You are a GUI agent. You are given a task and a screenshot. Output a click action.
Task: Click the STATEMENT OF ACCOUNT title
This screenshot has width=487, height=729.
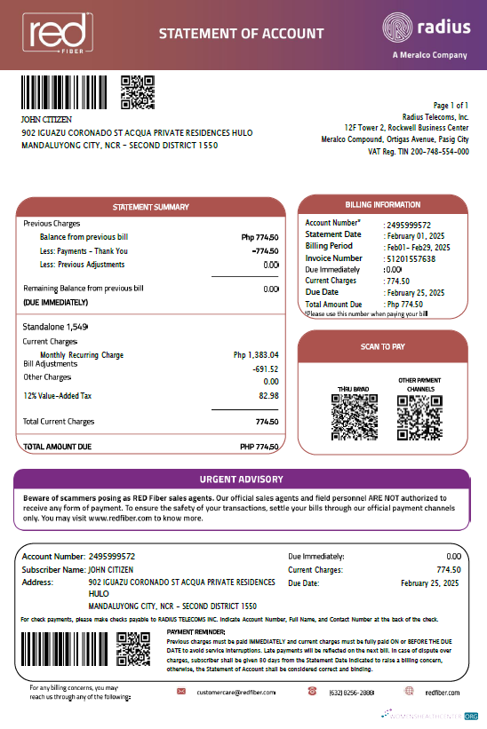coord(241,34)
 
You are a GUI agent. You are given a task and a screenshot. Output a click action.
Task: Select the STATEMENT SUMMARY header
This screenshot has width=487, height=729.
coord(150,207)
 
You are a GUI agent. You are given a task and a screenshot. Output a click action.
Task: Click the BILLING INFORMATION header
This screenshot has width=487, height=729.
coord(382,204)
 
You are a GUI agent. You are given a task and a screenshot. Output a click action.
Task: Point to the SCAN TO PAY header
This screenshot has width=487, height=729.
coord(382,345)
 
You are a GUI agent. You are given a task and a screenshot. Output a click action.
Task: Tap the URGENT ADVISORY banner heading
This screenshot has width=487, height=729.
coord(242,479)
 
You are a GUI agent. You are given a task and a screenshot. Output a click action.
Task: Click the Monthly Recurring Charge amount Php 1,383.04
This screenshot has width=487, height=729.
coord(256,354)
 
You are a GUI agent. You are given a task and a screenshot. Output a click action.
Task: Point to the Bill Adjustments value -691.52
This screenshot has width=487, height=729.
coord(266,368)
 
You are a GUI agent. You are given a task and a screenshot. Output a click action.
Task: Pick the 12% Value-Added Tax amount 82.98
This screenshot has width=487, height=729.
coord(268,395)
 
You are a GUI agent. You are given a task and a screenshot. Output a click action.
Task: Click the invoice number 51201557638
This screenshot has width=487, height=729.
coord(411,258)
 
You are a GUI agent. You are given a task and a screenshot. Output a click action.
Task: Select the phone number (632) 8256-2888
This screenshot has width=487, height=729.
coord(351,692)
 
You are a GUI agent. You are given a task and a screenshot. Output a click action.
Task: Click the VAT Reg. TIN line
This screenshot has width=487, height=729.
coord(419,151)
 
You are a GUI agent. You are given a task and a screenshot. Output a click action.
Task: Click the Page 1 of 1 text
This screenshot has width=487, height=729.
coord(451,106)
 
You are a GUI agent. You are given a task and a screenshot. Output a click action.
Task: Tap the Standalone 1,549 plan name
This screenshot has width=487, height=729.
coord(55,328)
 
